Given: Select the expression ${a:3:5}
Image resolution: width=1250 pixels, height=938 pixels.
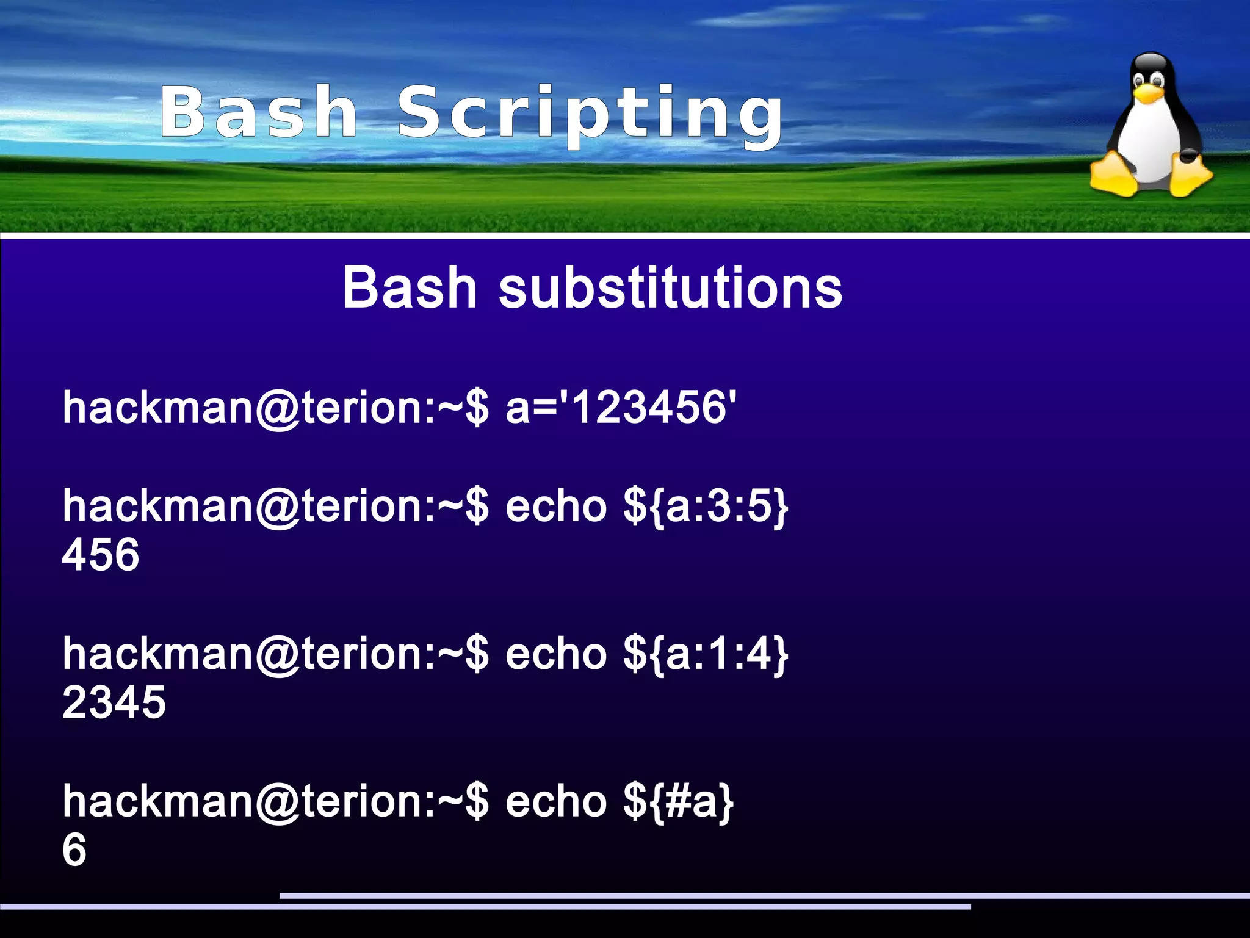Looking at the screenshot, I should [x=706, y=506].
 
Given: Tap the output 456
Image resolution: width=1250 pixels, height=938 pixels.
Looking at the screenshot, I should [x=101, y=555].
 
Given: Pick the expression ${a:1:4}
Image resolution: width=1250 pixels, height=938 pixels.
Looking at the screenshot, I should [x=706, y=654].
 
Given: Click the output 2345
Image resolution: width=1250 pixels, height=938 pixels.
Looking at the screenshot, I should [x=114, y=702].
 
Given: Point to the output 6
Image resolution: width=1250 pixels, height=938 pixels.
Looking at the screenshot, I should [x=74, y=850].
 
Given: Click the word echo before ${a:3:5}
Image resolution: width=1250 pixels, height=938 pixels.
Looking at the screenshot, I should [x=556, y=506].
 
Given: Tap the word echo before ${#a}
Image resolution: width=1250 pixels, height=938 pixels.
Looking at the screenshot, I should [x=556, y=801].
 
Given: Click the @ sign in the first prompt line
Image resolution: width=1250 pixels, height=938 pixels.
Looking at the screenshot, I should [x=278, y=408].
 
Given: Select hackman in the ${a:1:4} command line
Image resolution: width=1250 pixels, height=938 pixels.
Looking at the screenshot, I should [x=157, y=654].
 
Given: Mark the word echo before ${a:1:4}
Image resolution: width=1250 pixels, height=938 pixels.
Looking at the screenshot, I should [x=556, y=654].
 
